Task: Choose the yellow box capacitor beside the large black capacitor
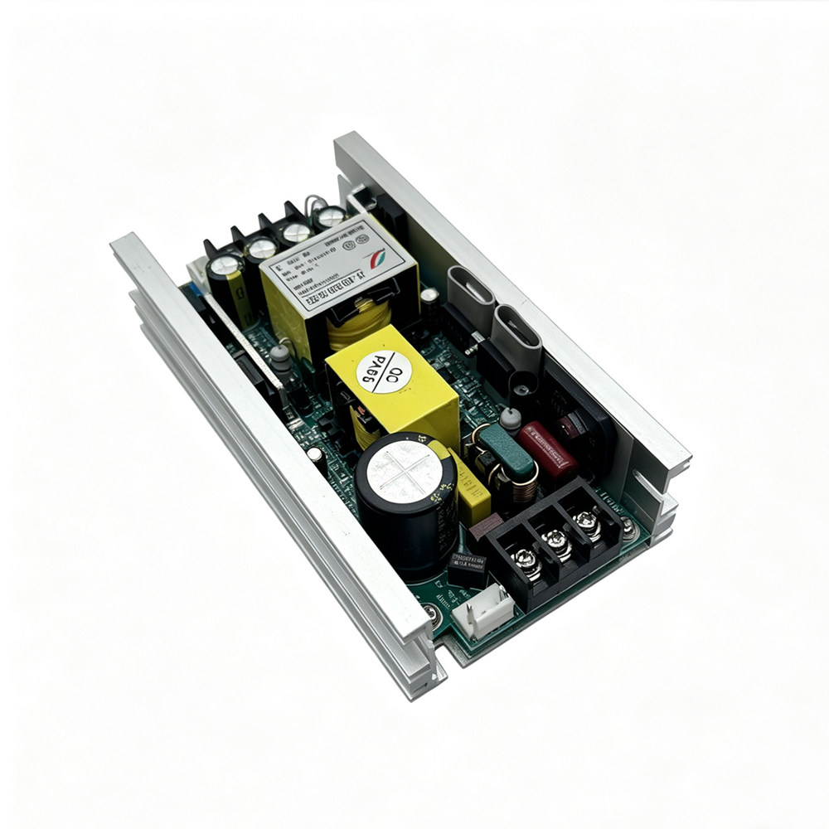pyautogui.click(x=471, y=489)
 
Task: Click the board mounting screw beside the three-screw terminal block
pyautogui.click(x=628, y=526)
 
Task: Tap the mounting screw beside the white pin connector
pyautogui.click(x=430, y=614)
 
